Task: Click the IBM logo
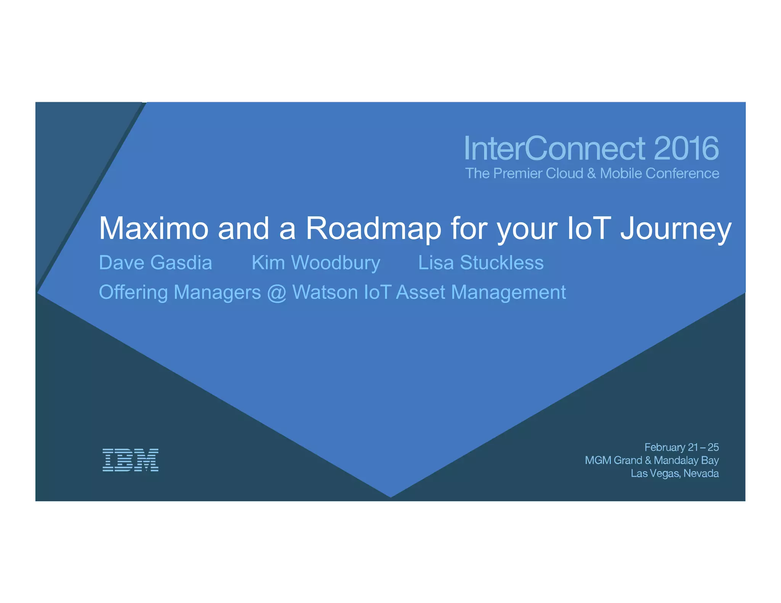130,460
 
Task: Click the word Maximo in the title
154,228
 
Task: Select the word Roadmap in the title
373,228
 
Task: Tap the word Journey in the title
676,228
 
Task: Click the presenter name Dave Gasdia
155,263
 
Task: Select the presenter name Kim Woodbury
316,263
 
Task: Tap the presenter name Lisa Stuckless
481,263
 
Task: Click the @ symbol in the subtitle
276,293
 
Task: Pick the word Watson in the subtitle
325,292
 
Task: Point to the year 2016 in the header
686,148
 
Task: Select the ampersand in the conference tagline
591,173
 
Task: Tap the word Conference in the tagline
682,173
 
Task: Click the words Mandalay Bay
686,460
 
